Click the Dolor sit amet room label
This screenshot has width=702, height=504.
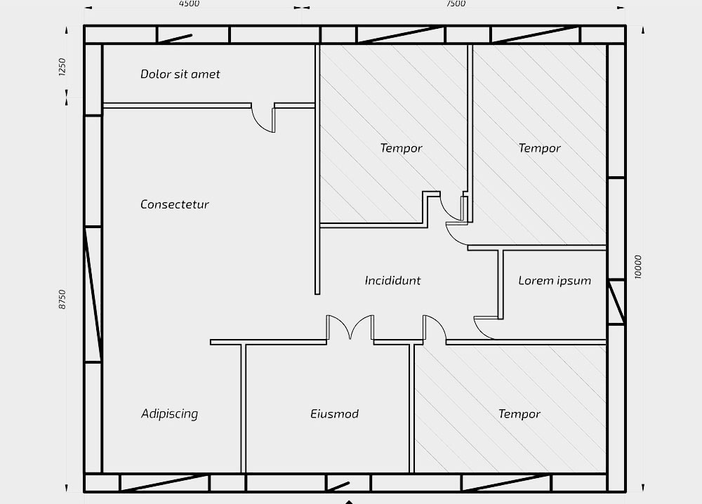coord(180,74)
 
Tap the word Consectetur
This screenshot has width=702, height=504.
coord(174,205)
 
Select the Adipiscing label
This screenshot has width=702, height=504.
coord(169,414)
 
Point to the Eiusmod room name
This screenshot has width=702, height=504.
coord(334,414)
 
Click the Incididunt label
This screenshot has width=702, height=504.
coord(392,281)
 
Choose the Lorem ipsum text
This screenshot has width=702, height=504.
coord(555,281)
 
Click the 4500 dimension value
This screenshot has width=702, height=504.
coord(189,4)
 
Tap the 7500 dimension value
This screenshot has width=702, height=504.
coord(456,4)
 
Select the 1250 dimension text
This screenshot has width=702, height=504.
coord(62,67)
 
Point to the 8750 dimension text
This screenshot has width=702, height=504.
coord(62,300)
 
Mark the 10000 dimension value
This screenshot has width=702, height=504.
coord(638,267)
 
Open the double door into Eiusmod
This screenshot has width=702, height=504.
coord(350,329)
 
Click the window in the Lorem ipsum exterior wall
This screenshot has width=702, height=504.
coord(616,302)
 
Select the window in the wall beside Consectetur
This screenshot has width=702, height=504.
coord(93,295)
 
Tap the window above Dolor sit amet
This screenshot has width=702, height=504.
coord(175,34)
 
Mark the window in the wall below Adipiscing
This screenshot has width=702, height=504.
coord(164,483)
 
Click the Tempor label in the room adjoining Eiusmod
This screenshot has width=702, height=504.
coord(519,414)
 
